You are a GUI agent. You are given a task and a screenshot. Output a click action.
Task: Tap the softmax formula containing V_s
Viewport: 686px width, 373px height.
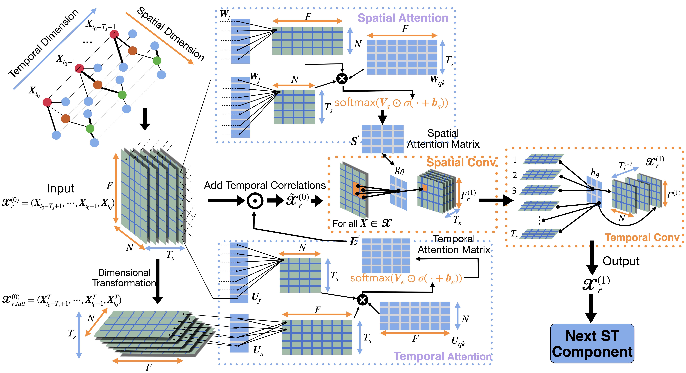click(391, 103)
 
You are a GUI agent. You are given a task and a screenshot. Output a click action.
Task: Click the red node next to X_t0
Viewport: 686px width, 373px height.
click(47, 102)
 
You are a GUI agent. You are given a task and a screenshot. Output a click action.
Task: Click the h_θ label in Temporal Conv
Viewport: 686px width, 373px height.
click(595, 173)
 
